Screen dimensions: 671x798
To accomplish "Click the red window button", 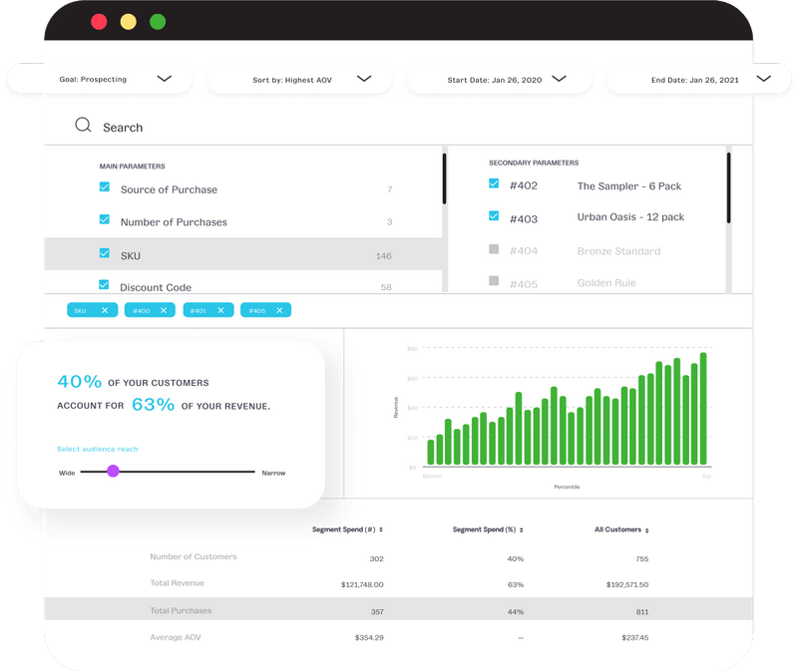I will [99, 21].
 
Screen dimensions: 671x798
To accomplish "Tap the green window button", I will [158, 21].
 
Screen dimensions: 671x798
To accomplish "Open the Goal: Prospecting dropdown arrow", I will [165, 79].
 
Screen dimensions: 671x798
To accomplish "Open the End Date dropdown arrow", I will [764, 79].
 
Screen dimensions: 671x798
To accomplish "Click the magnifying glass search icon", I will [84, 126].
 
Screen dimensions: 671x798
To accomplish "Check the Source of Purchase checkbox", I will [105, 187].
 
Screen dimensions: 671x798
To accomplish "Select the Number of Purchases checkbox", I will [105, 220].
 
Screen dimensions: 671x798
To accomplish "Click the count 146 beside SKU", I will [383, 256].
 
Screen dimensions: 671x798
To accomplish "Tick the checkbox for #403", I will [494, 215].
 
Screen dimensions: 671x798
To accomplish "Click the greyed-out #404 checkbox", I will [494, 249].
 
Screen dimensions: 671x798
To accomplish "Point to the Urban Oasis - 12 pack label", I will [630, 217].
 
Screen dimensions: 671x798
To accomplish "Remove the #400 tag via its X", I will [163, 310].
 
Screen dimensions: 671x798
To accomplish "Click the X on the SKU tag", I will [105, 310].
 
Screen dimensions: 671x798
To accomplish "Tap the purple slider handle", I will [113, 471].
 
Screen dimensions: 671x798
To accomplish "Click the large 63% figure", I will [153, 405].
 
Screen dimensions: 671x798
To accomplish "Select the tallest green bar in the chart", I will [703, 409].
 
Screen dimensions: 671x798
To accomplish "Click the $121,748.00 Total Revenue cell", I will [362, 584].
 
